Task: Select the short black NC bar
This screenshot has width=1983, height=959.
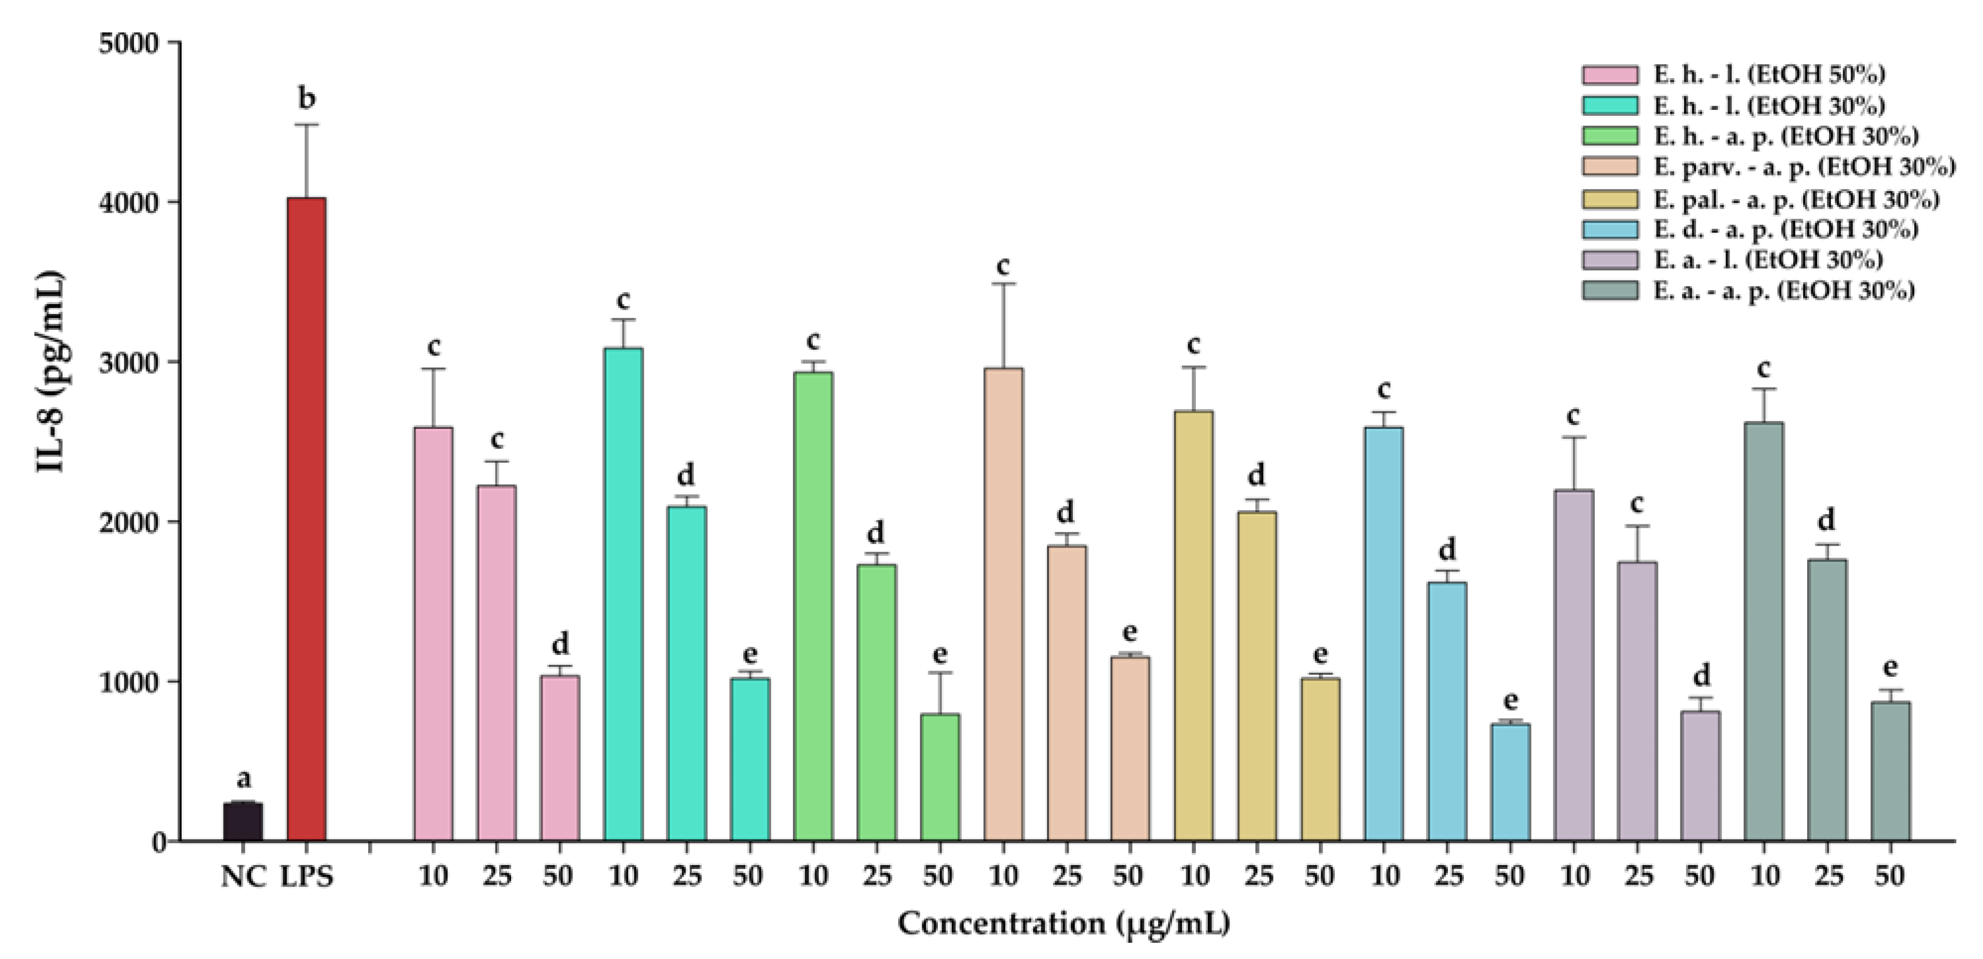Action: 243,821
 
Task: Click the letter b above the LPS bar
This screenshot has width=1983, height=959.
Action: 307,99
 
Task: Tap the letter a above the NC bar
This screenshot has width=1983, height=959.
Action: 243,779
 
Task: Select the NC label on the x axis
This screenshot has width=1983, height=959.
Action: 243,877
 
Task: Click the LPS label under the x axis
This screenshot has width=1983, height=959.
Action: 307,877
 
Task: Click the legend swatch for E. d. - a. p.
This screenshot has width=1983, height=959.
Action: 1610,229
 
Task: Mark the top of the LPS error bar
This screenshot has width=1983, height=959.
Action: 307,125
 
